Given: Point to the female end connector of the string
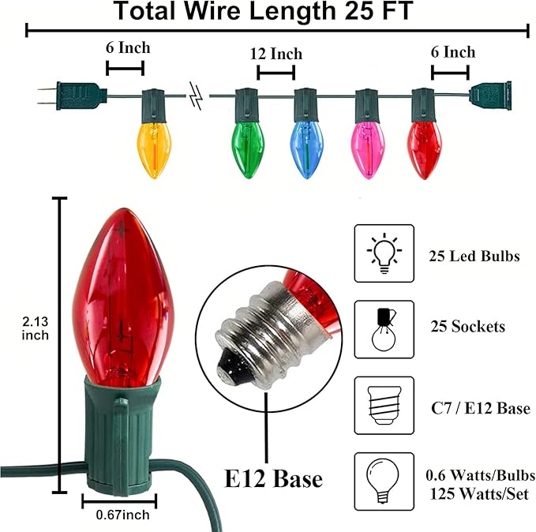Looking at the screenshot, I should point(490,94).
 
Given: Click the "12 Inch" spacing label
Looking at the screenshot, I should point(275,54).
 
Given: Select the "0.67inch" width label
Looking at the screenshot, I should point(118,515).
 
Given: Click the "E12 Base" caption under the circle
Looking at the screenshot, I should point(272,478).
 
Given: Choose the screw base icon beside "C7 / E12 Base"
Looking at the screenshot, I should point(384,406).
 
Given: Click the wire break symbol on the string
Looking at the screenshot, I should point(197,97).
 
